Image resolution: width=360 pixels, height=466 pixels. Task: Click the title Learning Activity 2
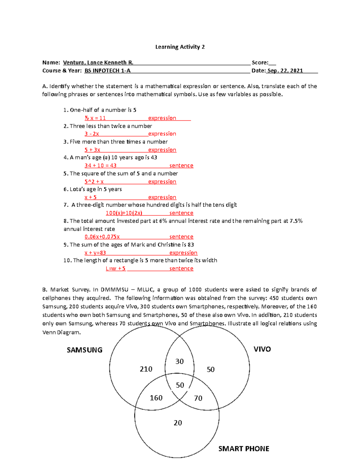tap(180, 47)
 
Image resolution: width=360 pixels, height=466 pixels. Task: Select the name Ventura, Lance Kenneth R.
tap(98, 62)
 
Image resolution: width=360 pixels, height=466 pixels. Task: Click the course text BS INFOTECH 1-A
tap(107, 71)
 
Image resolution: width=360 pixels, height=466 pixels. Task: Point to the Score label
tap(260, 62)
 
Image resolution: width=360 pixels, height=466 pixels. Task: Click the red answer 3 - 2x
tap(91, 134)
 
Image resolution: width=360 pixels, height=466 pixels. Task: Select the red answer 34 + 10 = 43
tap(100, 166)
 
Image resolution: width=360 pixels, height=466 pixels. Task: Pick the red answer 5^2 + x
tap(94, 182)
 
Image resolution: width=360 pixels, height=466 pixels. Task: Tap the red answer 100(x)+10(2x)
tap(124, 213)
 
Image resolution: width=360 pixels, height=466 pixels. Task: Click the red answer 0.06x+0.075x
tap(102, 237)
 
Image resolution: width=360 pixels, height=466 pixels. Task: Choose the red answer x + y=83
tap(95, 253)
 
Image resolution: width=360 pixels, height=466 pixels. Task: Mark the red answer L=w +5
tap(115, 269)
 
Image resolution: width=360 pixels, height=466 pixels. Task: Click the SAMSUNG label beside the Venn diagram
tap(85, 350)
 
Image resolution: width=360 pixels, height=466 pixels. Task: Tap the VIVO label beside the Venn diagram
tap(262, 349)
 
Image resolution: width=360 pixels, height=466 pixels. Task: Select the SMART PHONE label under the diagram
tap(244, 449)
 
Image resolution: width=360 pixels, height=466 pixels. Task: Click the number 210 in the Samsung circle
tap(146, 369)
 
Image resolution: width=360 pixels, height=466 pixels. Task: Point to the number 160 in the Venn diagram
tap(156, 398)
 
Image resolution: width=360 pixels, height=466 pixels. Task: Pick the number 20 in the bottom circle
tap(178, 423)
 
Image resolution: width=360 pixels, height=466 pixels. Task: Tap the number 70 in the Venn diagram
tap(198, 398)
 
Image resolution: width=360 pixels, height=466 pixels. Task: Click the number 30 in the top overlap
tap(179, 361)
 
